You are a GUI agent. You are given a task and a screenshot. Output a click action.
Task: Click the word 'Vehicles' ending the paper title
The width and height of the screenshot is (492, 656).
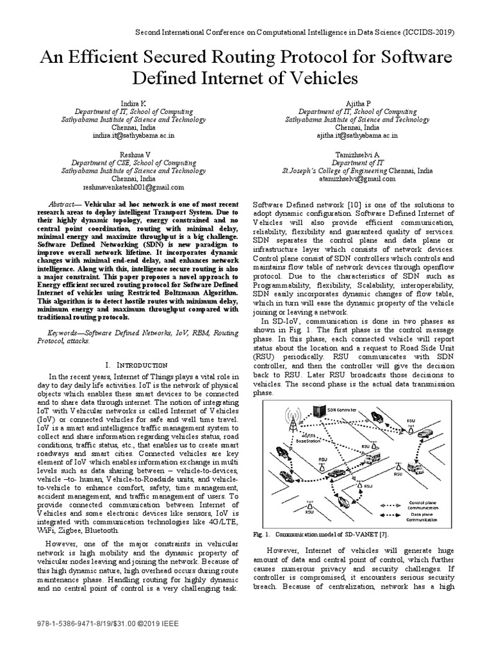pyautogui.click(x=318, y=79)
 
